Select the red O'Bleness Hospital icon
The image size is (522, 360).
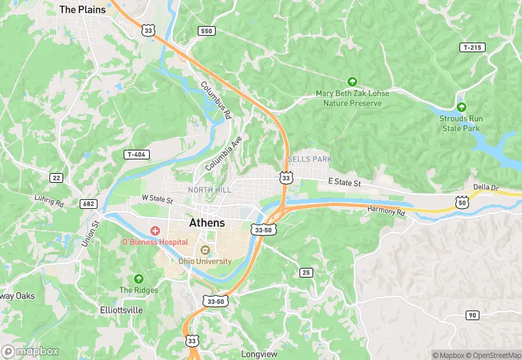tap(155, 231)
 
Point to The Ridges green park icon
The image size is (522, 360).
tap(139, 279)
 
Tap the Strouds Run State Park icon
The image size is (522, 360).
tap(462, 107)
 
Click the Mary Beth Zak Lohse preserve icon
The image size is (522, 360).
tap(352, 82)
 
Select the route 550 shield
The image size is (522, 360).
tap(206, 31)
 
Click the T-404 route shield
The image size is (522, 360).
tap(137, 155)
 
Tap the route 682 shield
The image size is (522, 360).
tap(88, 203)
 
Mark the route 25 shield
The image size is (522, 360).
tap(306, 273)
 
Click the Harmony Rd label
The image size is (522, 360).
tap(386, 210)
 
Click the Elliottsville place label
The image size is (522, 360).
tap(121, 310)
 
